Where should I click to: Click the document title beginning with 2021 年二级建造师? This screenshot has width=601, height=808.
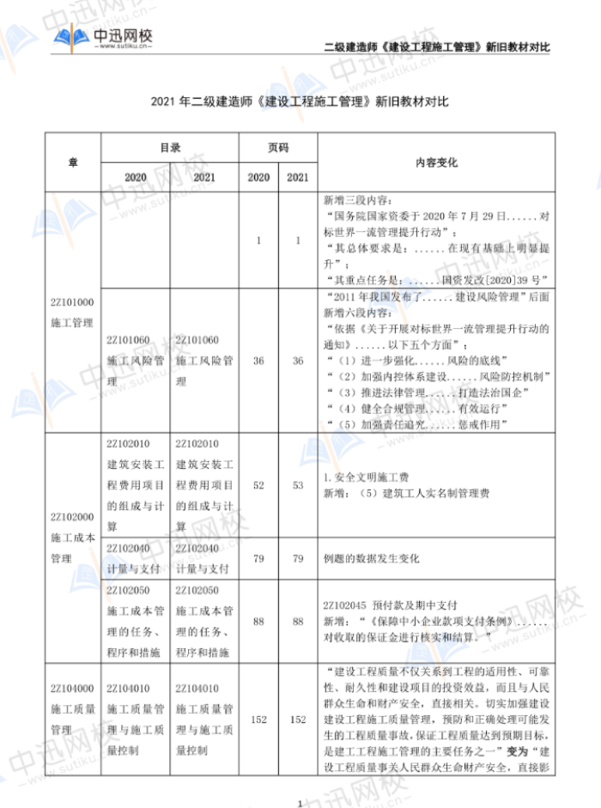pyautogui.click(x=300, y=101)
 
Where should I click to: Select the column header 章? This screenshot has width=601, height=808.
pyautogui.click(x=73, y=161)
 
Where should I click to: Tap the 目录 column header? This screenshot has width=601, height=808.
pyautogui.click(x=170, y=148)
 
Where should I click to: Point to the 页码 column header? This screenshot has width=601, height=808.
pyautogui.click(x=278, y=148)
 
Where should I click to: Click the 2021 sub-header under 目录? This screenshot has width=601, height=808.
pyautogui.click(x=204, y=176)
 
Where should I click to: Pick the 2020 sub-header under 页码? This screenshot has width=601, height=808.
pyautogui.click(x=258, y=176)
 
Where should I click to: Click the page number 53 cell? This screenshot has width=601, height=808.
pyautogui.click(x=298, y=485)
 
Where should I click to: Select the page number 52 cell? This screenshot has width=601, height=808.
pyautogui.click(x=258, y=485)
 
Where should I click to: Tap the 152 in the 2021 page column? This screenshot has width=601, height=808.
pyautogui.click(x=298, y=720)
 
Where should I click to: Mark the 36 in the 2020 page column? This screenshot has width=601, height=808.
pyautogui.click(x=258, y=361)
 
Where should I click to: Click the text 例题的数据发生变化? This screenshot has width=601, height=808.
pyautogui.click(x=371, y=558)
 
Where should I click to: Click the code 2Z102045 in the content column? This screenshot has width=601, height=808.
pyautogui.click(x=347, y=603)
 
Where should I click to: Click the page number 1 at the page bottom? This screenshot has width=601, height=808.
pyautogui.click(x=300, y=803)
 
